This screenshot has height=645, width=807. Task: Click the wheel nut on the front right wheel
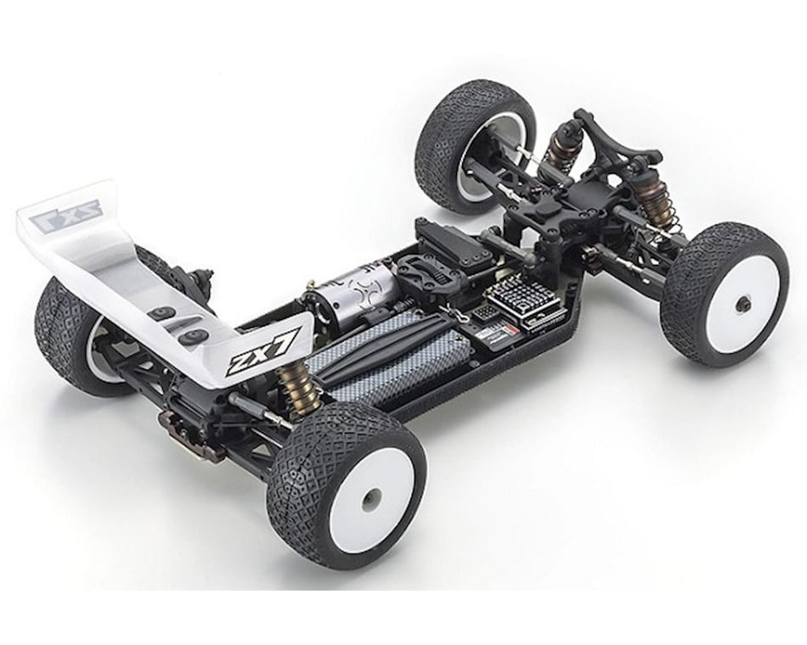click(x=743, y=304)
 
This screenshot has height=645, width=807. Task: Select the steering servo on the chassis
click(x=450, y=241)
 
